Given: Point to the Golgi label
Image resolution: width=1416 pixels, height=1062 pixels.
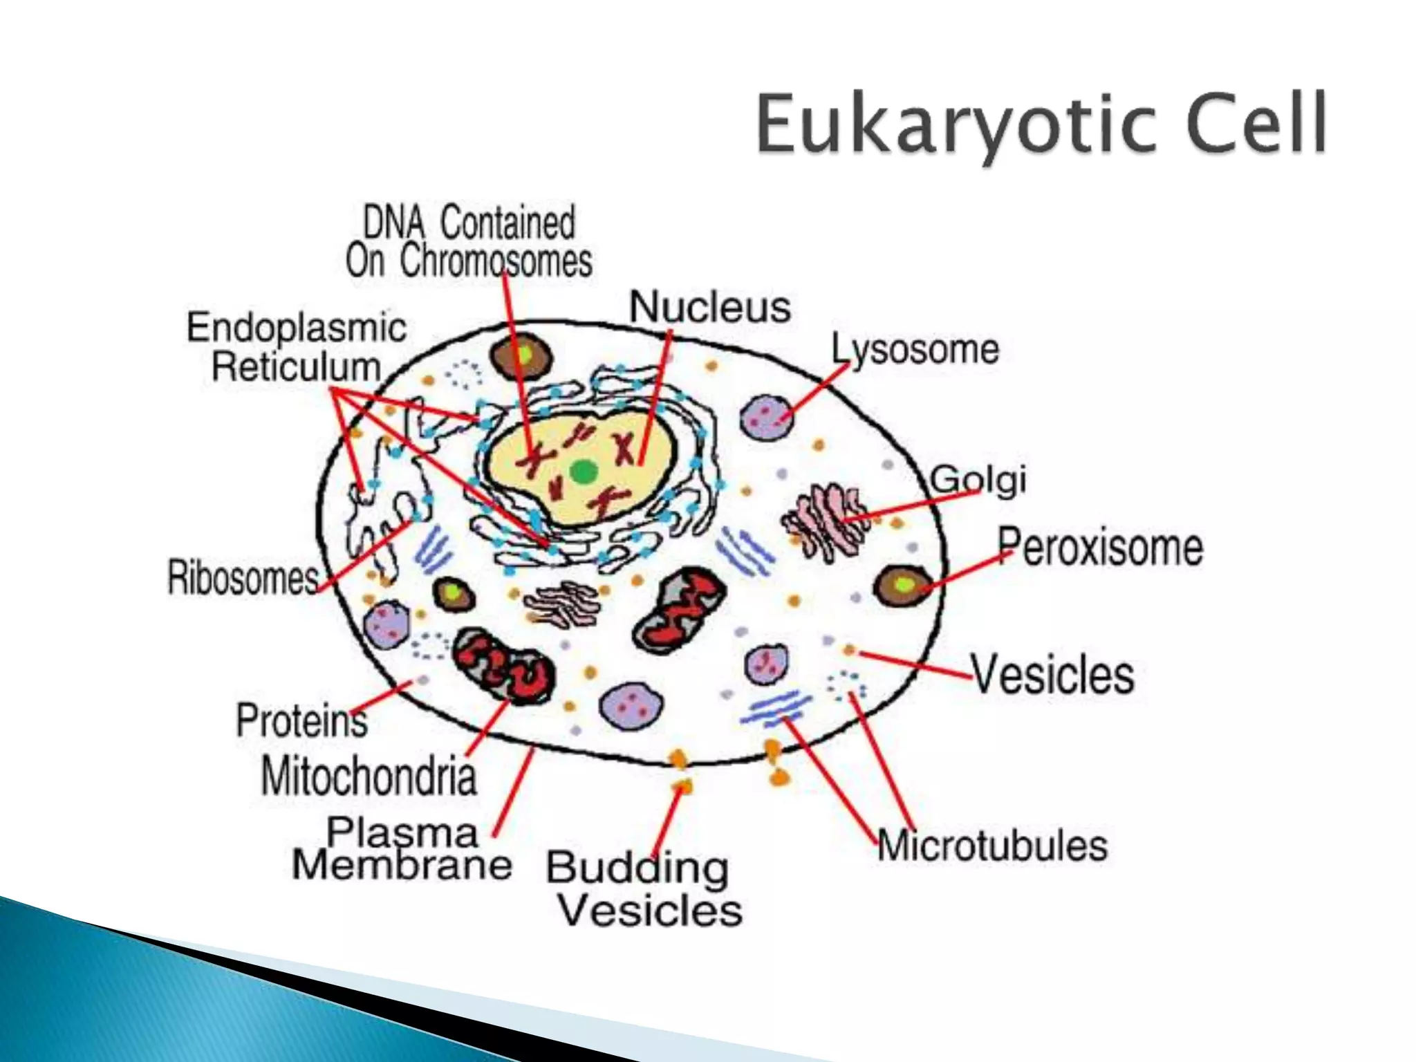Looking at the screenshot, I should click(978, 479).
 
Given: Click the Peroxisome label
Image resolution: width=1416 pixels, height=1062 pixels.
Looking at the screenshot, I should click(1100, 547).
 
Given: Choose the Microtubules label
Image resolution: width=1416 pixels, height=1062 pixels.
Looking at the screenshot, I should click(993, 846).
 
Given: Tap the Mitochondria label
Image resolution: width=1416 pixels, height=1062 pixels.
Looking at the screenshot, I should click(369, 776).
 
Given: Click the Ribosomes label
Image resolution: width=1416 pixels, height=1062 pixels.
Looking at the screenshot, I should click(243, 577).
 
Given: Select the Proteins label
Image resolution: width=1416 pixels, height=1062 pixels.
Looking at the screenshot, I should click(301, 720).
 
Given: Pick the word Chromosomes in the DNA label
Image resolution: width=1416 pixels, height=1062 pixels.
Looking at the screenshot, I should click(496, 261).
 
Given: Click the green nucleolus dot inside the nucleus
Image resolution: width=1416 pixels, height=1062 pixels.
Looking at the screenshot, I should click(584, 473).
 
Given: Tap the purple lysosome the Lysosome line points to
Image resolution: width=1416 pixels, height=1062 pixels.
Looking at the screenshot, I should click(766, 418).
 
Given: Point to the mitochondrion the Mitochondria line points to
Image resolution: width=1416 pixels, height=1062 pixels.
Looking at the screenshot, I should click(505, 667).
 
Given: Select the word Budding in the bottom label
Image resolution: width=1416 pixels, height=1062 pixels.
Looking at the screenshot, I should click(637, 868).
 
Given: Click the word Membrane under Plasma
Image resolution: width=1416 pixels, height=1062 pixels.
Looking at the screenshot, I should click(402, 865).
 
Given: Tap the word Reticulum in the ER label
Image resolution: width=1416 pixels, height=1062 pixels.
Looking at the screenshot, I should click(296, 366).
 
